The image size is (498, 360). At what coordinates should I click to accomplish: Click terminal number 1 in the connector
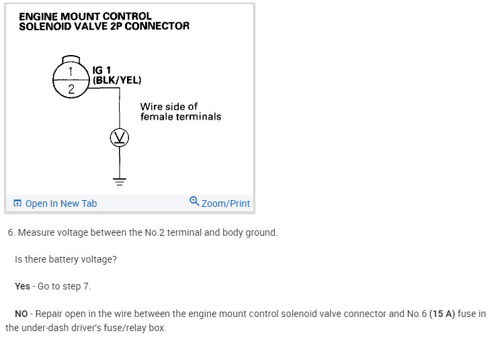point(71,69)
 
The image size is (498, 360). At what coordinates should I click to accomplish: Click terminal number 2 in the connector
point(71,88)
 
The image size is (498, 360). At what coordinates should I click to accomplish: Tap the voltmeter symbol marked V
point(120,138)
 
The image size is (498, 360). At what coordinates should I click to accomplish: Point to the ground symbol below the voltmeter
point(120,180)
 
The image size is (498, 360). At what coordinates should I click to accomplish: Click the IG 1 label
point(102,70)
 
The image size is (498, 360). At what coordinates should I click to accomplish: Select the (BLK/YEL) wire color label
point(117,79)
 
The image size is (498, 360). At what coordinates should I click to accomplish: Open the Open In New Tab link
point(60,204)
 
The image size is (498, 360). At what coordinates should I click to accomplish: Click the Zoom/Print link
point(225,204)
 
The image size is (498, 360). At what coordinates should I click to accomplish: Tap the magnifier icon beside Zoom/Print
point(194,201)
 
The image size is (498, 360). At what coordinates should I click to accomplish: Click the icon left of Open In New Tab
point(17,204)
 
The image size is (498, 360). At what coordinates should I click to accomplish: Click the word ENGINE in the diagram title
point(40,16)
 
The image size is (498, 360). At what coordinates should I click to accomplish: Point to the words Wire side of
point(169,107)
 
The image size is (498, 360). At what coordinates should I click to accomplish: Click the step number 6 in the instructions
point(11,232)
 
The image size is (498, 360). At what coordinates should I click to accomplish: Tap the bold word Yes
point(22,286)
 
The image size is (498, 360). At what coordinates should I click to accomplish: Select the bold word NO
point(22,314)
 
